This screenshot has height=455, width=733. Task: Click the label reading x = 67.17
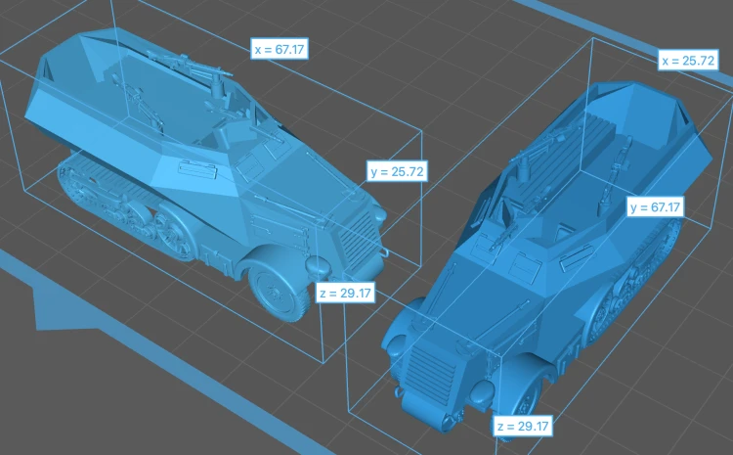pos(280,49)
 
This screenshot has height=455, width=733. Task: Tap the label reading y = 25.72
pos(397,171)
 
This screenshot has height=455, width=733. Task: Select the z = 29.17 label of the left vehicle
pos(345,293)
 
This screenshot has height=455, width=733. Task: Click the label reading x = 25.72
pos(688,60)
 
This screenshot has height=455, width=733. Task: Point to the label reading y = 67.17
pos(656,206)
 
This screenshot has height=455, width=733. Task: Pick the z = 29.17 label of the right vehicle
pos(524,426)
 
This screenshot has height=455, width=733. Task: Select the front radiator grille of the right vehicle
pos(430,369)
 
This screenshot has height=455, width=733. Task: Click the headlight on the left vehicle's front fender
pos(319,265)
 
